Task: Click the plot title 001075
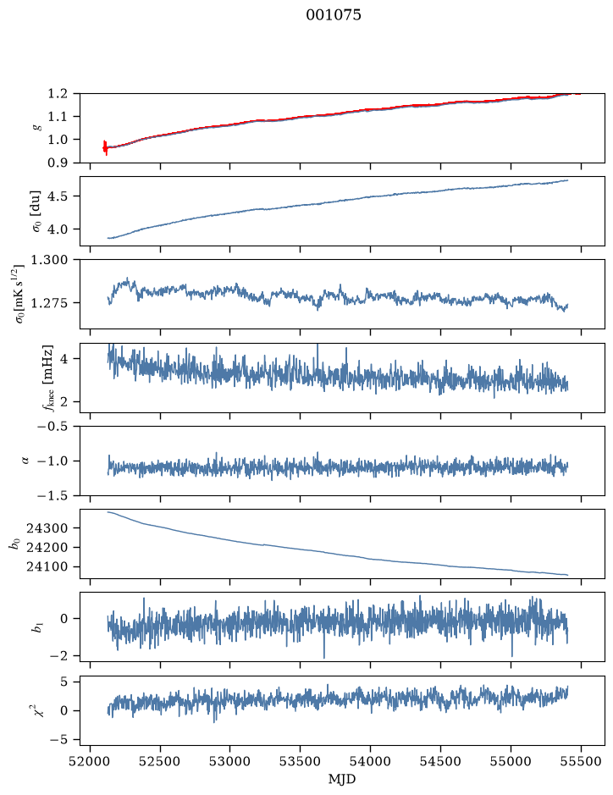pyautogui.click(x=333, y=15)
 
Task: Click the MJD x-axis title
pyautogui.click(x=342, y=779)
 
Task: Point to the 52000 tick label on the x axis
pyautogui.click(x=91, y=761)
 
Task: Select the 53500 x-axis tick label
pyautogui.click(x=301, y=761)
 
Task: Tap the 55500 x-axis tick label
pyautogui.click(x=581, y=761)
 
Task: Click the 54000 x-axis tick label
pyautogui.click(x=370, y=761)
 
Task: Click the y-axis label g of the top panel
pyautogui.click(x=36, y=128)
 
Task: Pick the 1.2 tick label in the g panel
pyautogui.click(x=58, y=94)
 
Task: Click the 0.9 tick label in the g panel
pyautogui.click(x=58, y=163)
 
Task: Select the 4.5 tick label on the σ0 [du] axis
pyautogui.click(x=58, y=196)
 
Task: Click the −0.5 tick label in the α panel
pyautogui.click(x=52, y=426)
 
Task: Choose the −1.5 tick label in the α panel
pyautogui.click(x=52, y=495)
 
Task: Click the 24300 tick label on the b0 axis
pyautogui.click(x=47, y=527)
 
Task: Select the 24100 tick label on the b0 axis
pyautogui.click(x=47, y=566)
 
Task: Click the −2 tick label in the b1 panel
pyautogui.click(x=58, y=655)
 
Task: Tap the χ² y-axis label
pyautogui.click(x=34, y=709)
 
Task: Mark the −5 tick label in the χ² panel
pyautogui.click(x=58, y=740)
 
